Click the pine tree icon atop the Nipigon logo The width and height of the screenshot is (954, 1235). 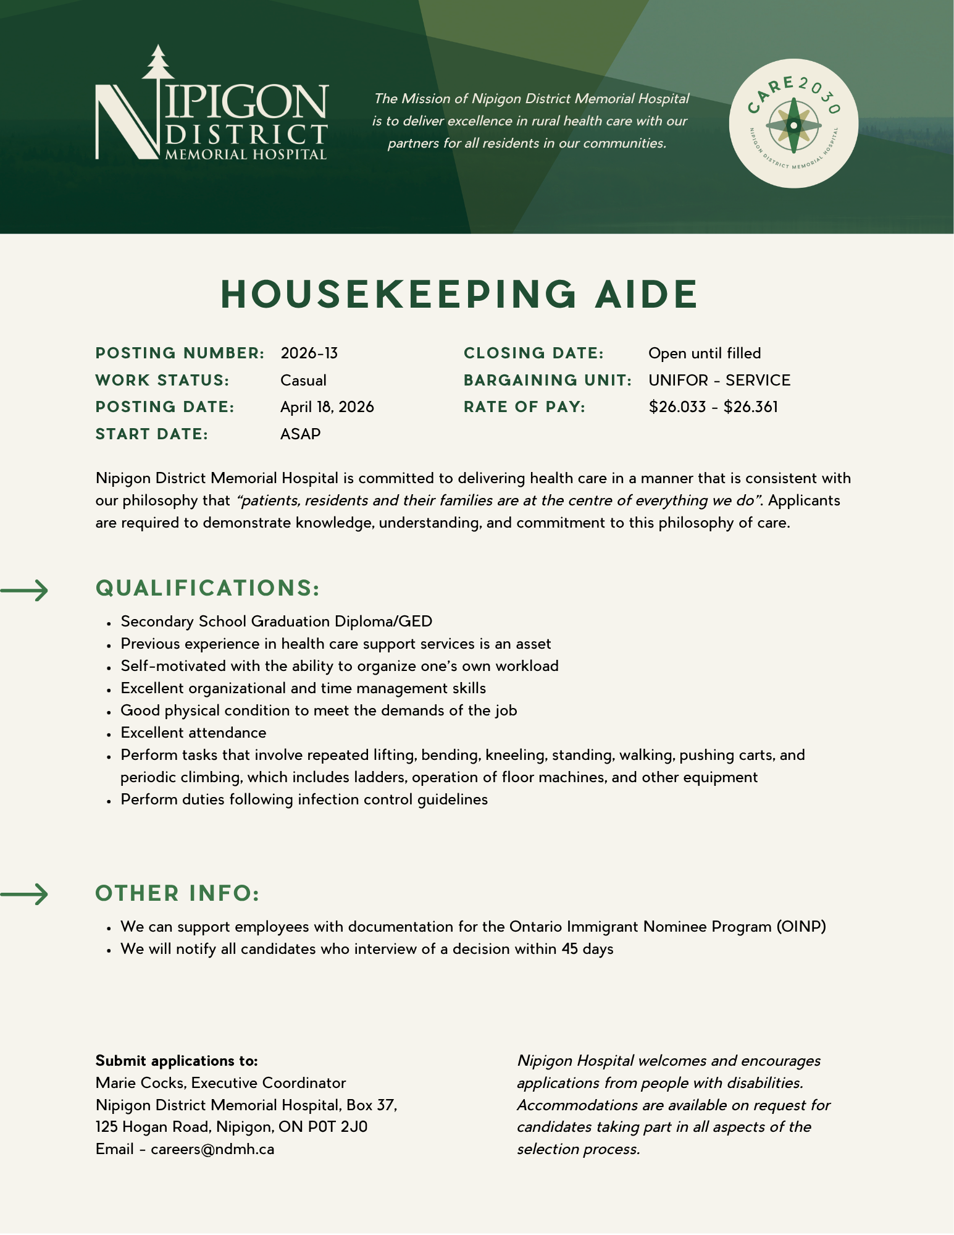point(159,62)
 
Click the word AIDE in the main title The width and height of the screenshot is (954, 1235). point(646,294)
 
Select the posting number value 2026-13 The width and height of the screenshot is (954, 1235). point(309,353)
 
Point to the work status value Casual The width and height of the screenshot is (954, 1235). point(303,381)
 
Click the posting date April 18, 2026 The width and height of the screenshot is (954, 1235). point(327,407)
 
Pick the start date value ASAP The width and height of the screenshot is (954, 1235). point(300,434)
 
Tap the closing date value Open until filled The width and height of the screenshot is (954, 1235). point(705,353)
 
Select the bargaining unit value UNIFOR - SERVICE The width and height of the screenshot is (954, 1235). point(719,381)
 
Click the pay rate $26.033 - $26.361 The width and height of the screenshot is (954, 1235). point(713,407)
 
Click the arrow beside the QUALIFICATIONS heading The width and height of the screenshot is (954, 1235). point(25,591)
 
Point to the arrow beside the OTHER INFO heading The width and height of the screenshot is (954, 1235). point(25,894)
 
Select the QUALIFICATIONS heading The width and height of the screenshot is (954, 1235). point(207,588)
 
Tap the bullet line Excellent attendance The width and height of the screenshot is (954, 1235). point(193,733)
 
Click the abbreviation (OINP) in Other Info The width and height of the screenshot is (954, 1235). point(801,927)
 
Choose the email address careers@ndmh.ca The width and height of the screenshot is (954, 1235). point(212,1149)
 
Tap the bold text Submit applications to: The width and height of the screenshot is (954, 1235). point(177,1061)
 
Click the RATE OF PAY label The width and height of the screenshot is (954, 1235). point(524,407)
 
